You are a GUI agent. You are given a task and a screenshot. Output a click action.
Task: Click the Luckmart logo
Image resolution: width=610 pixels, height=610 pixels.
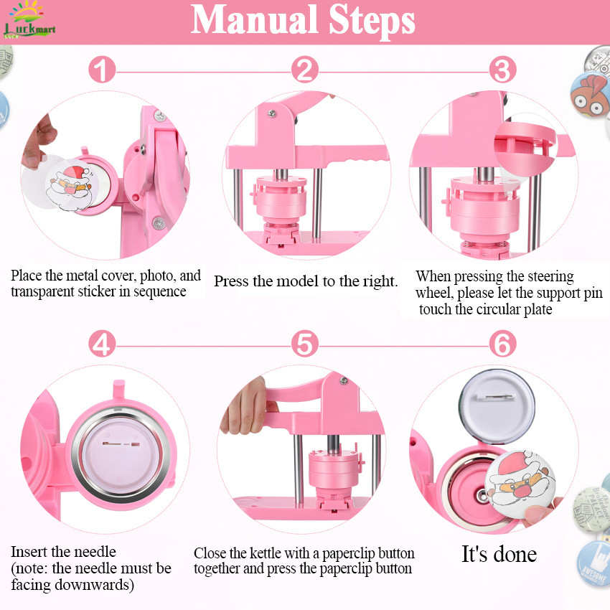point(29,20)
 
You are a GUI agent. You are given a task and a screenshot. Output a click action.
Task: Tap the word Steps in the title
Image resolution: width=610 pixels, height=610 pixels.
point(372,19)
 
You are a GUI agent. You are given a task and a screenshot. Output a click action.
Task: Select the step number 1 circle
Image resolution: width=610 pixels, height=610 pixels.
point(102,70)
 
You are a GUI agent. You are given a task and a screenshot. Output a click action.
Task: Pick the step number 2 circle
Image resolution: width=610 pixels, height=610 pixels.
point(304,70)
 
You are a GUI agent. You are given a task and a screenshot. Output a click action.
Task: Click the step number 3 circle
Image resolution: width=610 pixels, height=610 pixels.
point(502,70)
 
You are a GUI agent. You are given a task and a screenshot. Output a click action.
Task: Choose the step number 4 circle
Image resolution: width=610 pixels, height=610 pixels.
point(102,344)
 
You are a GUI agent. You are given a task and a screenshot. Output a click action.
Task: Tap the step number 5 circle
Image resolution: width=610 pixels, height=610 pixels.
point(304,344)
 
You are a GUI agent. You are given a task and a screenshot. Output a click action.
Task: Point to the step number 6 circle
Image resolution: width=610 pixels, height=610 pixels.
point(502,344)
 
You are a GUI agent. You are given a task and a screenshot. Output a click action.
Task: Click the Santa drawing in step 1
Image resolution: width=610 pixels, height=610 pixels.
point(71,185)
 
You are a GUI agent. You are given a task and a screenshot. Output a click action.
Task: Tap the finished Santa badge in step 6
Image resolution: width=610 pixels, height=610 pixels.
point(520,484)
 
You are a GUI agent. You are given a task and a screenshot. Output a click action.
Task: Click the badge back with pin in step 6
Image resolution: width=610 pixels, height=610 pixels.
point(497,406)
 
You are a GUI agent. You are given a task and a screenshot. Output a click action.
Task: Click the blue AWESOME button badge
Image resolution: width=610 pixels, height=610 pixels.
point(594,563)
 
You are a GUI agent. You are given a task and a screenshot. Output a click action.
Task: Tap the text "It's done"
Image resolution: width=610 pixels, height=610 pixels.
point(499,554)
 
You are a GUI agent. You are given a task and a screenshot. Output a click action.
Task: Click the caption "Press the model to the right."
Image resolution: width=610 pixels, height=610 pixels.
point(306,281)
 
